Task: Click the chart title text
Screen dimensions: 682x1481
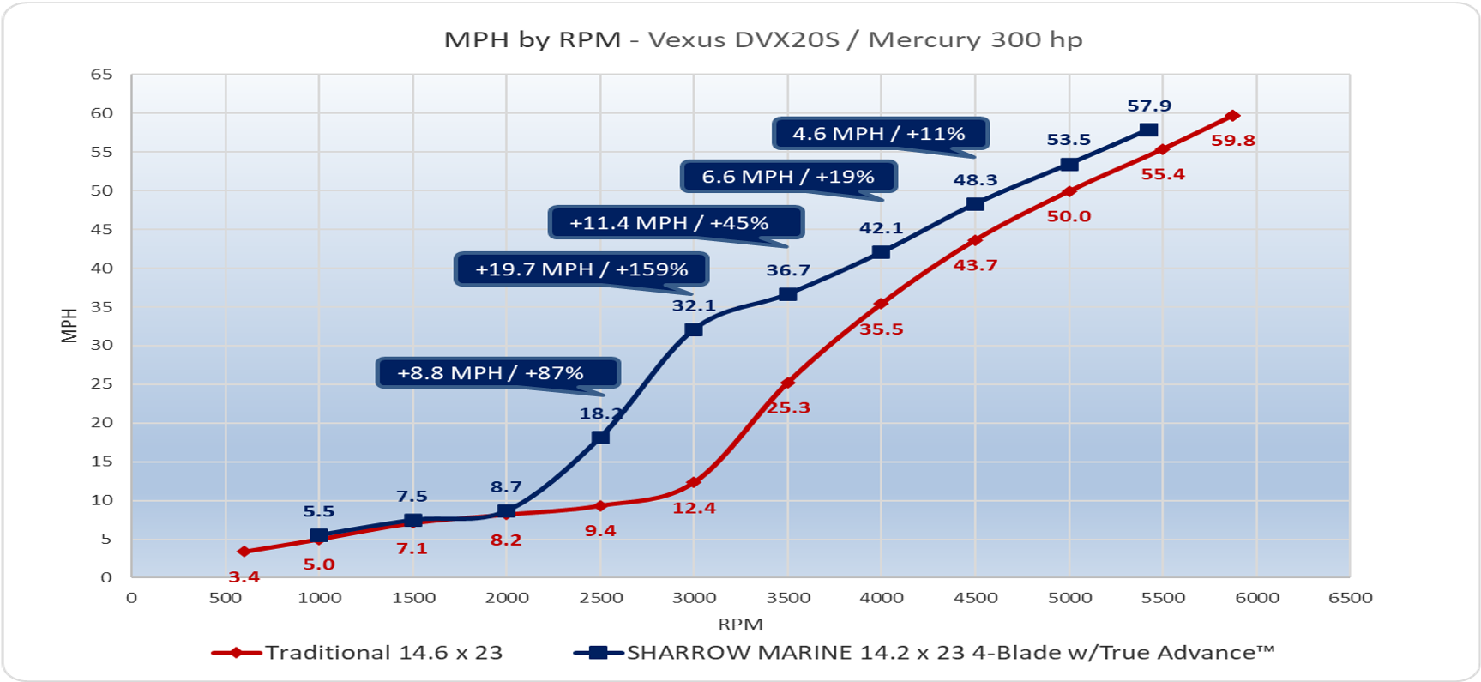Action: (762, 39)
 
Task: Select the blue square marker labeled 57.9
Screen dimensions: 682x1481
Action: (1148, 130)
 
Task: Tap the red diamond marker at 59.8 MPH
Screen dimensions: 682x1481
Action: (1232, 115)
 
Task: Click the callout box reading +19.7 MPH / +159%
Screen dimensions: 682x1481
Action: (581, 269)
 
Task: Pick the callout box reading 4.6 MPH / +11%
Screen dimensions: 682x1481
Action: (879, 134)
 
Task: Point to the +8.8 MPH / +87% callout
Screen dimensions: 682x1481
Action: (497, 373)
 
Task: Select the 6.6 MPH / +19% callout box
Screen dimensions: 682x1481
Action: (788, 177)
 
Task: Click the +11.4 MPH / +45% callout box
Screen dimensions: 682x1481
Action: (675, 223)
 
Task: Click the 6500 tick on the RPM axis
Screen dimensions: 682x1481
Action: (1350, 598)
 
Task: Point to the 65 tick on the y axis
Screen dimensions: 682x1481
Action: (101, 75)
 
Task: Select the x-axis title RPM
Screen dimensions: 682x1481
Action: (740, 624)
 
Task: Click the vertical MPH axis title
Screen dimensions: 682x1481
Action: (69, 326)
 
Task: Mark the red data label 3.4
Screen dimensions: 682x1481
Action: (244, 577)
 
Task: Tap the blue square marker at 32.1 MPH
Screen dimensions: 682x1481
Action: (694, 329)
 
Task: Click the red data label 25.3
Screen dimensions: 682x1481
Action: (787, 407)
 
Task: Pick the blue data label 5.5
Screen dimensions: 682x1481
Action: (318, 511)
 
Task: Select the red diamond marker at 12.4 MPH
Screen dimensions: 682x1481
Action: (694, 482)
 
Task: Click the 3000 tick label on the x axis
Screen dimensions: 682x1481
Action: (694, 598)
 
